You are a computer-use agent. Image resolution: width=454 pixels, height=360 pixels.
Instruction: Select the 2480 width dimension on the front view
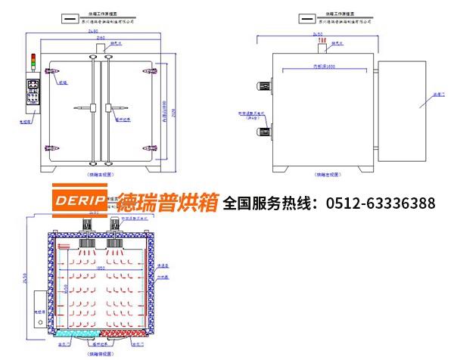94,32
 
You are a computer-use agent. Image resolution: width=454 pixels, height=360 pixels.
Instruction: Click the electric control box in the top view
39,309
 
